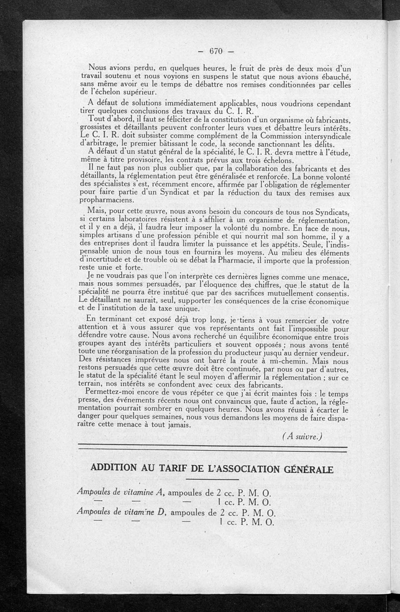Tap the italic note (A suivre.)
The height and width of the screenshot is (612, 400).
click(302, 436)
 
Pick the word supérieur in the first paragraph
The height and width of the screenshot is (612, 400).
click(134, 92)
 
